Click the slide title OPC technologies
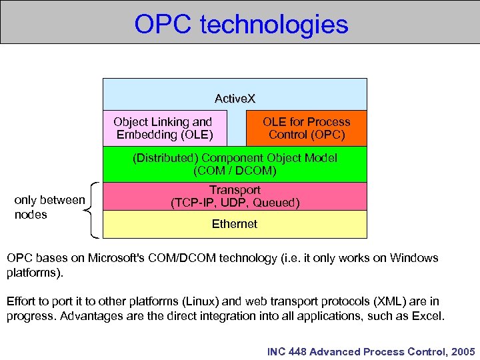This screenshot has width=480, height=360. tap(241, 24)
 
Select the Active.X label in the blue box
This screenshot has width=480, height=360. tap(235, 99)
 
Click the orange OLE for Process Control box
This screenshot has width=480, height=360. tap(306, 128)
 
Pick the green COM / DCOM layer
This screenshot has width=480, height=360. tap(235, 164)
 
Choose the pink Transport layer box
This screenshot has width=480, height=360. tap(235, 196)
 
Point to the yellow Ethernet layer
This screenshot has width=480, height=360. tap(235, 225)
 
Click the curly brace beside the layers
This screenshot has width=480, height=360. tap(94, 210)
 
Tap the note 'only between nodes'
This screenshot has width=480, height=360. tap(49, 207)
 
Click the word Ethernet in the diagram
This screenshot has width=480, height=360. tap(235, 225)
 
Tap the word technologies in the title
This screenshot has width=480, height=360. tap(274, 24)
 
